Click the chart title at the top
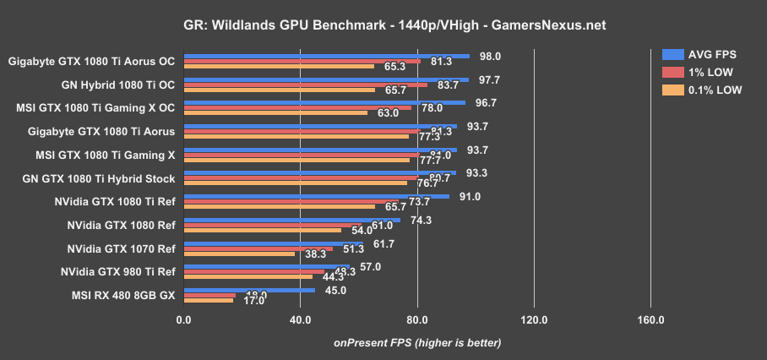point(383,25)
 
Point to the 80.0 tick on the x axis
point(417,320)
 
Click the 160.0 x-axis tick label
point(650,320)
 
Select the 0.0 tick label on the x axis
point(183,320)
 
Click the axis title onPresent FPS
point(417,343)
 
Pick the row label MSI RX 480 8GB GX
point(117,296)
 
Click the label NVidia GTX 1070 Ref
point(121,249)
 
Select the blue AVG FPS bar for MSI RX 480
point(249,290)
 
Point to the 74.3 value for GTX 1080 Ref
point(422,220)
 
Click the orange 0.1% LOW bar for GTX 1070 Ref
point(239,254)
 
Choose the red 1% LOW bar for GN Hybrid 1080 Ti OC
point(305,85)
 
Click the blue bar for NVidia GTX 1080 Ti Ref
point(316,196)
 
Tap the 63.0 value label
point(388,112)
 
